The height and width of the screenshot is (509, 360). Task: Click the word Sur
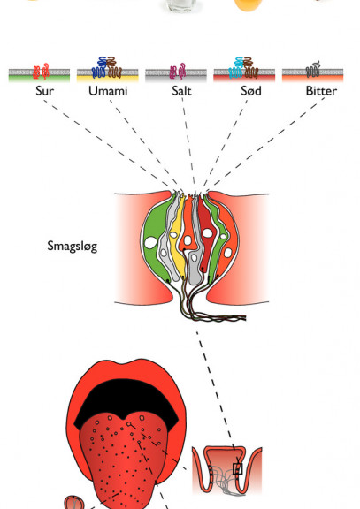point(44,91)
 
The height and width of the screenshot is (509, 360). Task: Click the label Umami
point(108,91)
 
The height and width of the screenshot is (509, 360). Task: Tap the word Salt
point(181,91)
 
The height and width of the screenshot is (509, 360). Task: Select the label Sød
point(251,91)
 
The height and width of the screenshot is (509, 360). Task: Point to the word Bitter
point(321,91)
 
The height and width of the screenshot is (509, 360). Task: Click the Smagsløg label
point(73,246)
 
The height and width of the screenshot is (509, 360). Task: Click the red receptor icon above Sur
point(41,72)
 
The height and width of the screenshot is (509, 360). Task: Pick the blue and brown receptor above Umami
point(106,68)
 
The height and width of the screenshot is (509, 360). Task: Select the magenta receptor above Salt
point(178,71)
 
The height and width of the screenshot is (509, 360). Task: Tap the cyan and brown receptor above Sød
point(243,68)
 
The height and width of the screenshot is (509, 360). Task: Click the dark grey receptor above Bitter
point(313,69)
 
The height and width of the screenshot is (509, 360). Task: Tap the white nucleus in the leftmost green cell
point(150,243)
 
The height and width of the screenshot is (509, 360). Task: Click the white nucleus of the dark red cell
point(207,232)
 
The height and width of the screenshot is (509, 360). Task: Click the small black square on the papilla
point(238,468)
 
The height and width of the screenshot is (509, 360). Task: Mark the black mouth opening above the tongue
point(126,400)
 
